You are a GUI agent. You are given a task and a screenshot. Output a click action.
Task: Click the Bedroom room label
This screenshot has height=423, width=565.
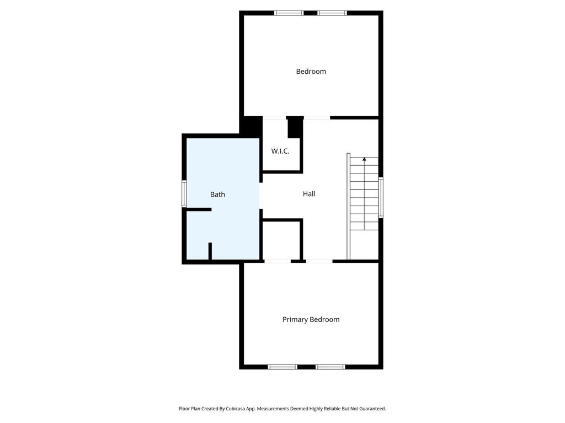tap(311, 72)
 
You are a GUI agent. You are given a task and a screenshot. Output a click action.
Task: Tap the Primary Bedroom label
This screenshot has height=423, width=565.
tap(311, 319)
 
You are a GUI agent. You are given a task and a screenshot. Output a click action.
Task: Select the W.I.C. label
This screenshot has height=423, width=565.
tap(280, 151)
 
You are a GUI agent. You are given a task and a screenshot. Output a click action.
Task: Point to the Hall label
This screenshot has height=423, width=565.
tap(309, 194)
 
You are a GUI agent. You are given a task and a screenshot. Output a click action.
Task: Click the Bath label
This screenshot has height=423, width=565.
tap(217, 194)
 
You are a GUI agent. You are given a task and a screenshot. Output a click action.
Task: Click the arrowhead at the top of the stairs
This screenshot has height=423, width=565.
tap(364, 159)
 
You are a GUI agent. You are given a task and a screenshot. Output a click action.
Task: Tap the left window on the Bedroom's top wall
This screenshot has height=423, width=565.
tap(289, 13)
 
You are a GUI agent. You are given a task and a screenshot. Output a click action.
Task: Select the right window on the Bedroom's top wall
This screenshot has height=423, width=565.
tap(332, 13)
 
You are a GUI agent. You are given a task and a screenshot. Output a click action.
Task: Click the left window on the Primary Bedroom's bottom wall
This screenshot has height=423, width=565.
tap(282, 367)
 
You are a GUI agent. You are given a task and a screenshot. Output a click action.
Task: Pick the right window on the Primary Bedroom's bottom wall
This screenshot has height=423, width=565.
tap(331, 367)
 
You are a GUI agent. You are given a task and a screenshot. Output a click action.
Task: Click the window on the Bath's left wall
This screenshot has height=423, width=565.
tap(184, 194)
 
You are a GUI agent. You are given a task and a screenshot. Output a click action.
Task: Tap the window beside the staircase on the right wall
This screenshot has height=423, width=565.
tap(381, 198)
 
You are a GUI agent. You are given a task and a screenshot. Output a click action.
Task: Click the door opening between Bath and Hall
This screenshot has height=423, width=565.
tap(261, 196)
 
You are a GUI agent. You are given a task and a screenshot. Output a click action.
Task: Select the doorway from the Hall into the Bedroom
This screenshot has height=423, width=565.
tap(317, 118)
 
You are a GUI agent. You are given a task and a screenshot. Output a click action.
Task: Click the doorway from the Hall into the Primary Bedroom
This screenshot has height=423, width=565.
tap(319, 261)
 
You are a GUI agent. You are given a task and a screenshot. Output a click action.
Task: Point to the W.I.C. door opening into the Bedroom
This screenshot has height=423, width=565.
tap(275, 118)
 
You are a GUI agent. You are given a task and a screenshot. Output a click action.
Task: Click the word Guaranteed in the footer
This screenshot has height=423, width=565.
tap(372, 409)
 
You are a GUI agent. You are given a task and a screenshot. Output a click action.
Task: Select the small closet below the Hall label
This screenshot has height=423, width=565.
tap(281, 240)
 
